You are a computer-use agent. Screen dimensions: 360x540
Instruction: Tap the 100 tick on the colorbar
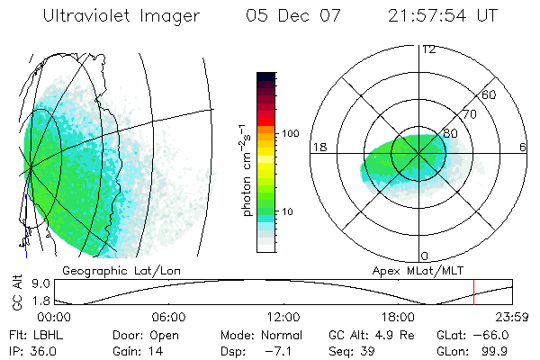coord(291,133)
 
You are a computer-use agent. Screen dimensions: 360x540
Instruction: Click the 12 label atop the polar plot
coord(428,49)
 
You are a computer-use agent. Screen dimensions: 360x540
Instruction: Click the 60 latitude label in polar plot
coord(490,94)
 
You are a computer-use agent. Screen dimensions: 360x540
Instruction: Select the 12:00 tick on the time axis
coord(283,317)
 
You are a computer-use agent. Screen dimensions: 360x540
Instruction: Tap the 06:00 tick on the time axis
coord(168,317)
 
